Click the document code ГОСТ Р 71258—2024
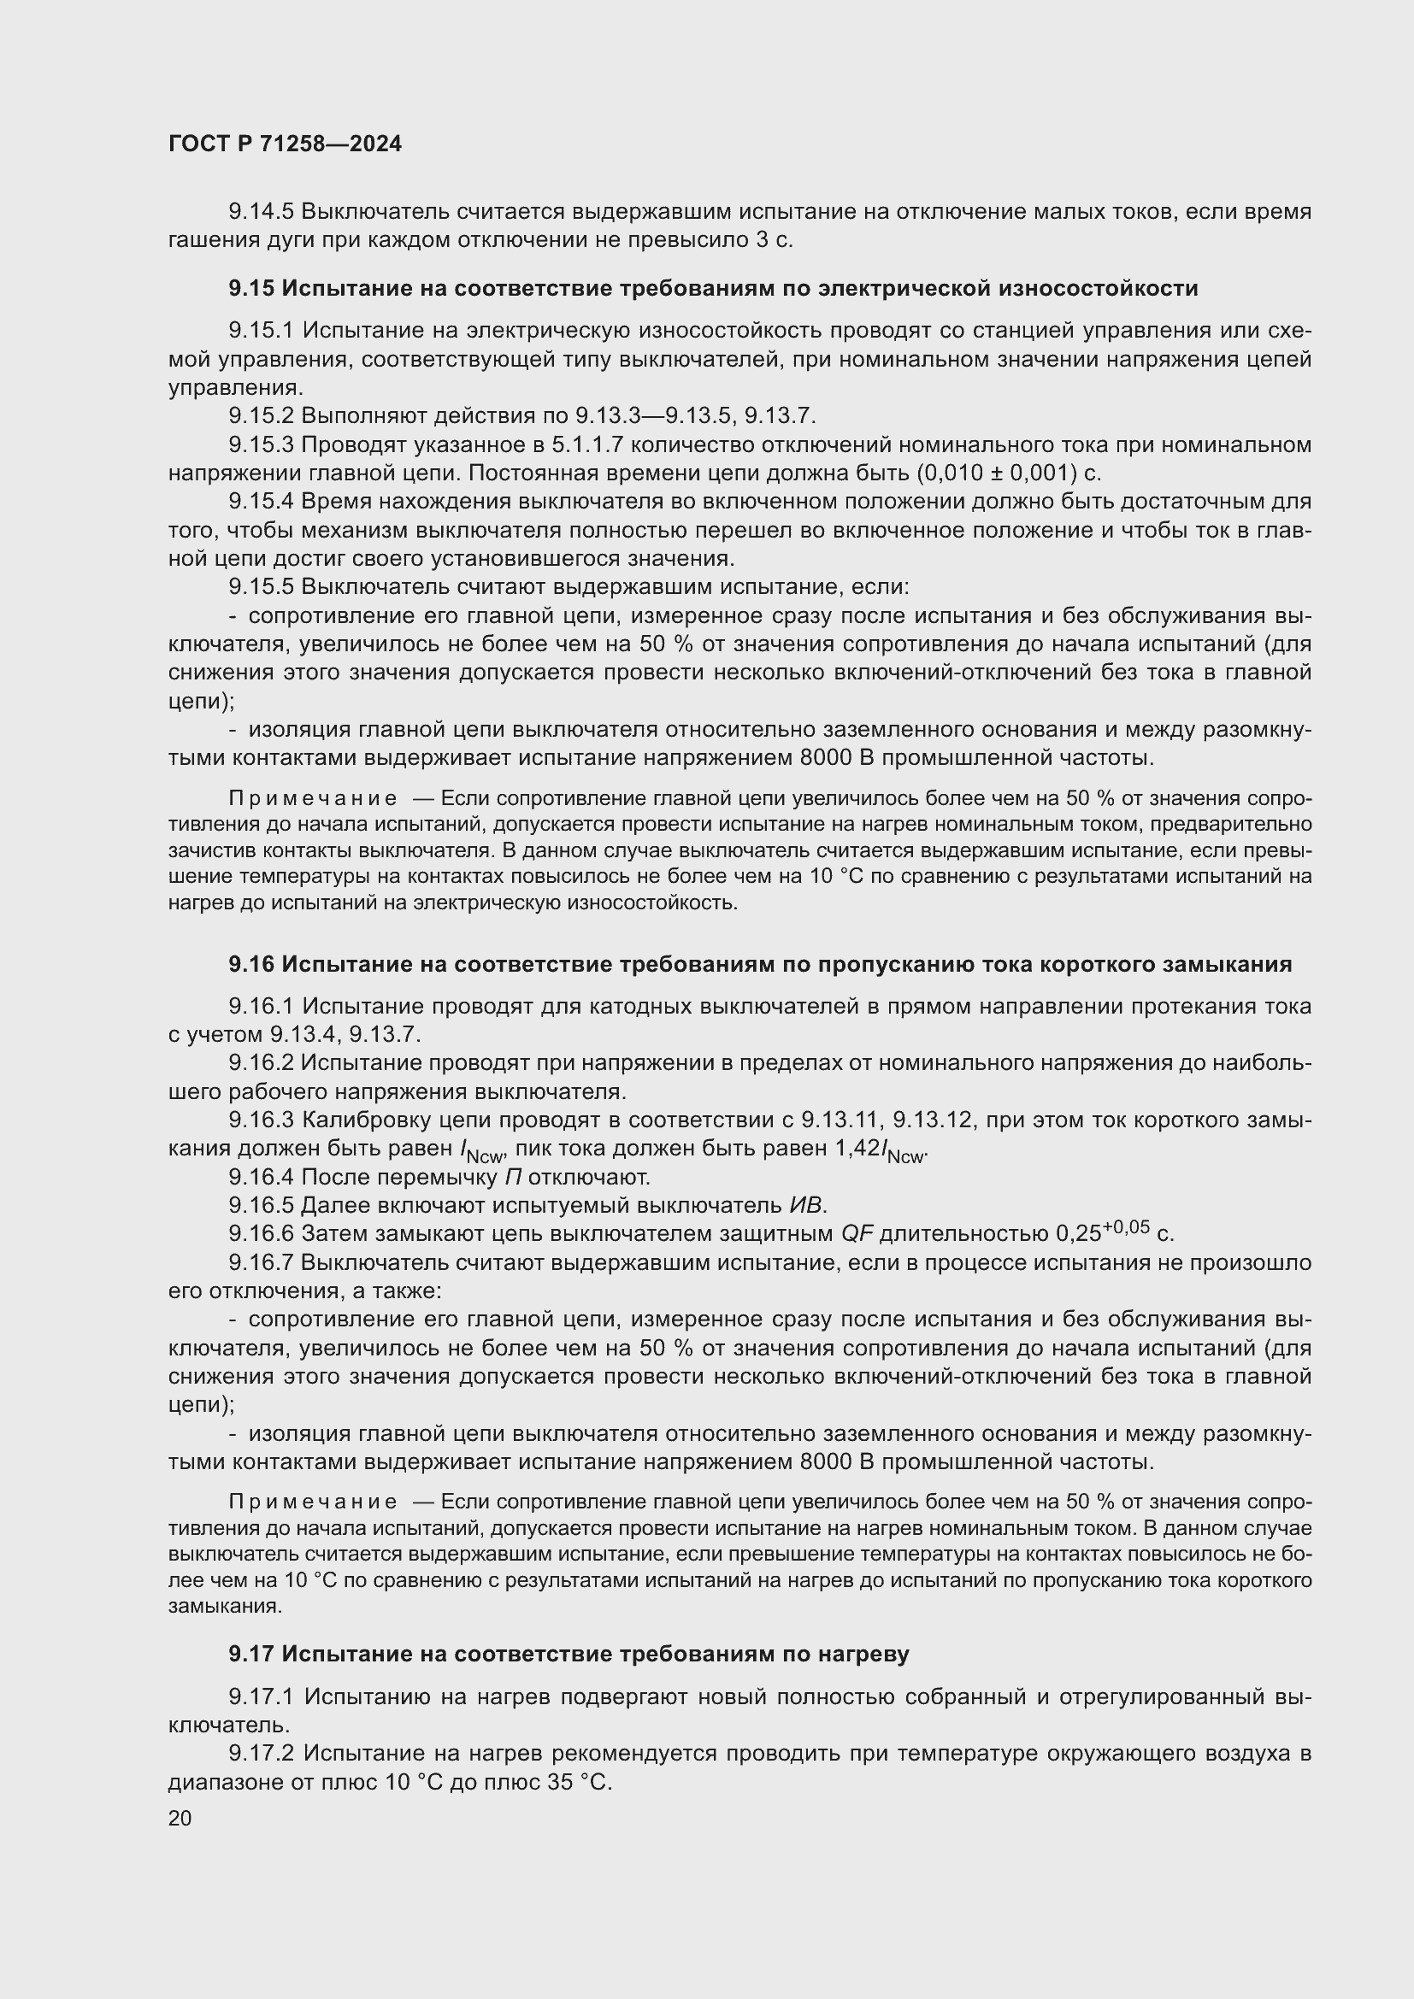(x=285, y=144)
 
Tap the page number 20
(x=180, y=1818)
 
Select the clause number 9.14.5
(x=262, y=212)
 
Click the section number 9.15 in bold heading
(x=251, y=288)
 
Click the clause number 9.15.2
(x=262, y=416)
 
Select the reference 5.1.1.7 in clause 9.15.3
(x=587, y=445)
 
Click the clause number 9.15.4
(x=262, y=503)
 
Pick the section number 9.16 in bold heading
(x=251, y=964)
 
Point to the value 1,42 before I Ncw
(x=857, y=1149)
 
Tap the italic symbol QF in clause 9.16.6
(x=857, y=1235)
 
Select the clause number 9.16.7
(x=262, y=1263)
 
